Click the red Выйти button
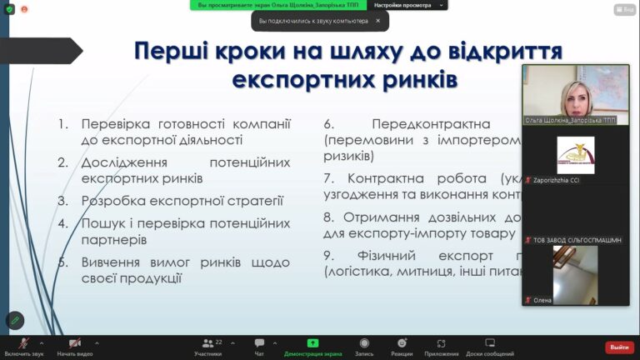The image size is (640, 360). click(619, 347)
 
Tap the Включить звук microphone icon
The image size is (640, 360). click(22, 342)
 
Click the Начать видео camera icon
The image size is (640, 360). click(75, 342)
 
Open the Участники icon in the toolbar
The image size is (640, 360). click(207, 342)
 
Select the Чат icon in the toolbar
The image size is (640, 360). click(259, 342)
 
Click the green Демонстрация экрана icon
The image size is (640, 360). click(312, 342)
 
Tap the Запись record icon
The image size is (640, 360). click(364, 342)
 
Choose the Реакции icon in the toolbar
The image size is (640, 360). click(402, 342)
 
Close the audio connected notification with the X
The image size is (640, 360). click(377, 21)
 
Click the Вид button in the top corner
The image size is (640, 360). click(624, 10)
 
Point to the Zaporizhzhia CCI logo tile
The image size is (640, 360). click(575, 154)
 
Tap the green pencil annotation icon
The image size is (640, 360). click(15, 320)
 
